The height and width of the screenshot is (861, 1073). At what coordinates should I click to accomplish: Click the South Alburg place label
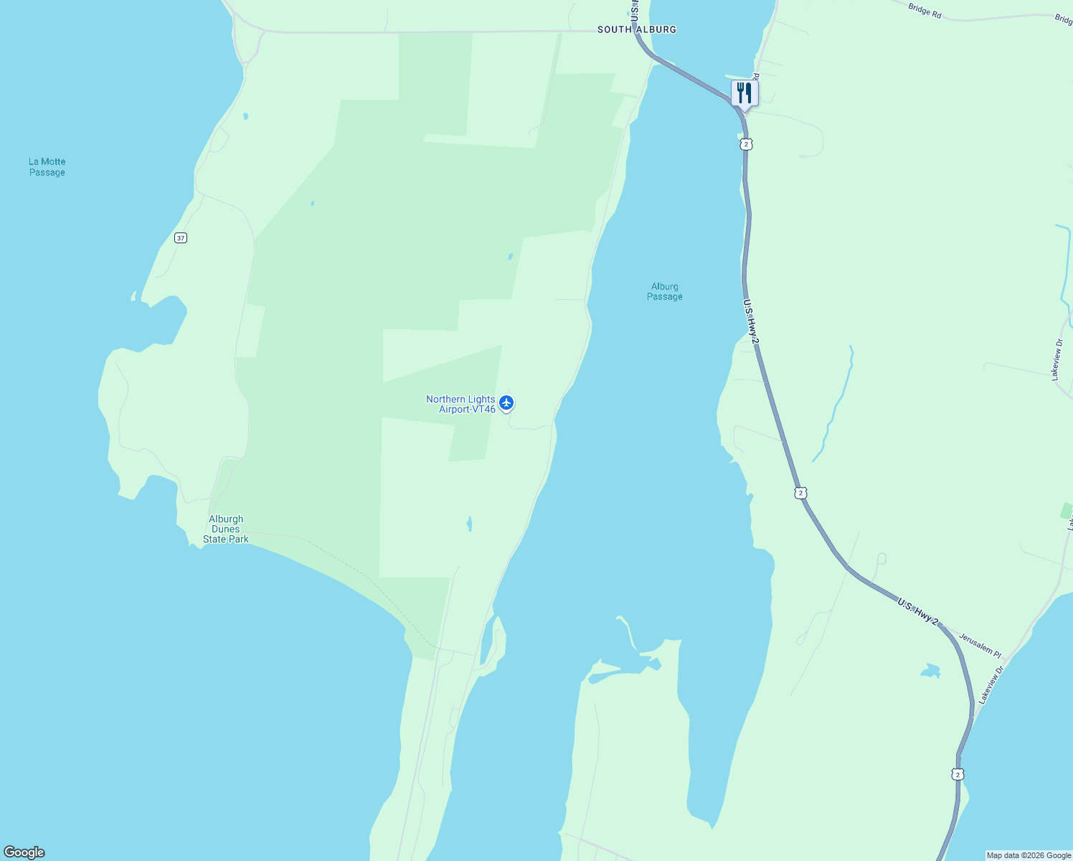click(x=636, y=29)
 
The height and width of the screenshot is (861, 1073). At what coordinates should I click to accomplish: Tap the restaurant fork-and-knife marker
click(x=745, y=93)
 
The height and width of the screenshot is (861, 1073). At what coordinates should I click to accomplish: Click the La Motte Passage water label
click(x=47, y=167)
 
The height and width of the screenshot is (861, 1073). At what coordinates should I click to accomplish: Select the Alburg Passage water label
click(x=665, y=291)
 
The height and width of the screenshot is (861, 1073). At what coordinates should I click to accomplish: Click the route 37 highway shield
click(x=181, y=237)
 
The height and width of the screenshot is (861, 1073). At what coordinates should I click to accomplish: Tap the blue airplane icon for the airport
click(x=507, y=403)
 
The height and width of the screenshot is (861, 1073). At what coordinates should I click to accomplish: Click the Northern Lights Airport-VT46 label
click(x=460, y=404)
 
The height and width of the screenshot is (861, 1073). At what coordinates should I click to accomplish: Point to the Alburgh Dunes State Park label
click(x=226, y=529)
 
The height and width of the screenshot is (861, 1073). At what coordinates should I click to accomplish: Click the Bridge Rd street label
click(x=925, y=11)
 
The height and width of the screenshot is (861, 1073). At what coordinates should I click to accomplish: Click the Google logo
click(x=24, y=852)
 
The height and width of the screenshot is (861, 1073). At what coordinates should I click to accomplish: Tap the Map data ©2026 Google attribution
click(x=1029, y=855)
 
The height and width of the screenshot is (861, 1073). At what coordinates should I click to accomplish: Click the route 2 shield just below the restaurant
click(x=747, y=144)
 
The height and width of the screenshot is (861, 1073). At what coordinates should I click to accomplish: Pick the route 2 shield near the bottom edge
click(x=958, y=774)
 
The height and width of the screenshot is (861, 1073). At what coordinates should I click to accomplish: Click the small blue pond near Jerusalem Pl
click(x=930, y=672)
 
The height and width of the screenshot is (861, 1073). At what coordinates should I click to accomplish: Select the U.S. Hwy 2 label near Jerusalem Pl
click(x=917, y=611)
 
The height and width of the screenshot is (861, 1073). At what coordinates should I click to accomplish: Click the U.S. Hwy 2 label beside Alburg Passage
click(x=750, y=321)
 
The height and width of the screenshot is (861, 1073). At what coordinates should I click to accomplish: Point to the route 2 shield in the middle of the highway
click(x=800, y=493)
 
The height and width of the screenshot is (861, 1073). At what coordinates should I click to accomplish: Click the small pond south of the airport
click(x=469, y=524)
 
